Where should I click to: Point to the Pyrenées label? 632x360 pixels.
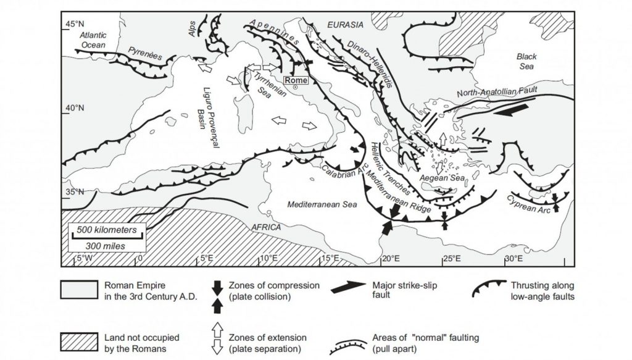coord(146,54)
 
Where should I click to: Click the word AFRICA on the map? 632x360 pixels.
coord(266,227)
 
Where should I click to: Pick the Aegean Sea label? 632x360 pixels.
coord(437,178)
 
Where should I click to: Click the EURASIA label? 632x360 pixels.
coord(345,25)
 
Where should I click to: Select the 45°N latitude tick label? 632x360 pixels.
coord(73,24)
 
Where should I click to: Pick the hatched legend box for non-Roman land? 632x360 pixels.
coord(78,341)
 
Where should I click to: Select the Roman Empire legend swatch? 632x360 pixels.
coord(78,290)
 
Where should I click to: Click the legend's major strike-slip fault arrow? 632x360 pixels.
coord(351,290)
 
